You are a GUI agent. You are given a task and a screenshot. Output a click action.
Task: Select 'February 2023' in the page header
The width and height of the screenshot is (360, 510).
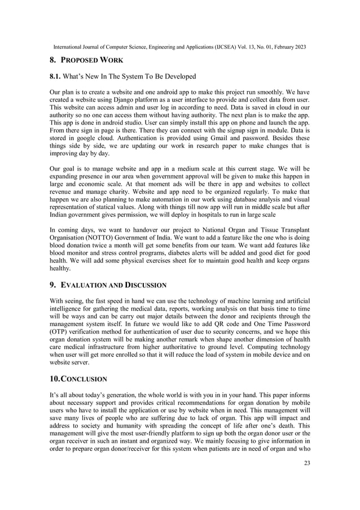pos(287,47)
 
